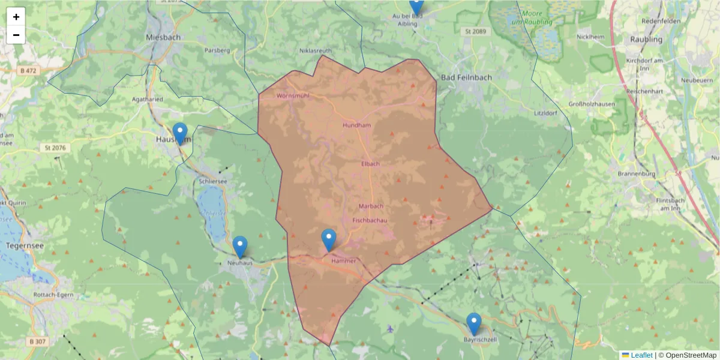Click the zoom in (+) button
pos(16,17)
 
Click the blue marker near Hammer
pos(329,239)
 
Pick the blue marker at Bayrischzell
pos(474,323)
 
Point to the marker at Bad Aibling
pos(416,5)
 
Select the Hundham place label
pos(356,125)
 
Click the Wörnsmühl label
pos(293,96)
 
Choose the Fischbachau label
pos(370,221)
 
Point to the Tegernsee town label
pos(22,246)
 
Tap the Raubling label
pos(646,40)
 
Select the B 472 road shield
pos(27,71)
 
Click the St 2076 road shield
pos(57,148)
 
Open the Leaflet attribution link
pos(641,355)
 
